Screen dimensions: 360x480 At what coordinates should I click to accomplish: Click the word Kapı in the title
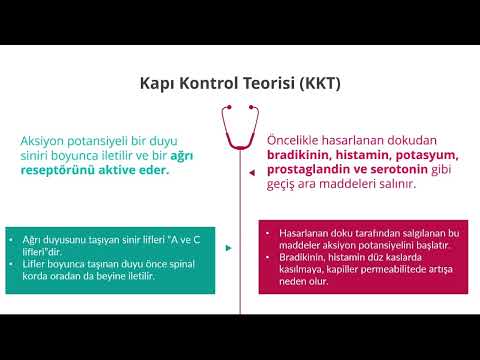[x=155, y=83]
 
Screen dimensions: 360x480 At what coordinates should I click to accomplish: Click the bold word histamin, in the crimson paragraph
[x=370, y=156]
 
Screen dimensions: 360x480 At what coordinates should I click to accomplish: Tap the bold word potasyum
[x=430, y=156]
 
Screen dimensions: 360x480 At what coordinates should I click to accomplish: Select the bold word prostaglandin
[x=311, y=170]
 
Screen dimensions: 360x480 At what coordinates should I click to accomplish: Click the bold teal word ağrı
[x=182, y=156]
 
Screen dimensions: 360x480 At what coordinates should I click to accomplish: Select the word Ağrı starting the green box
[x=32, y=239]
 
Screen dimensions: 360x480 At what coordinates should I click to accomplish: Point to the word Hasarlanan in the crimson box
[x=301, y=232]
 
